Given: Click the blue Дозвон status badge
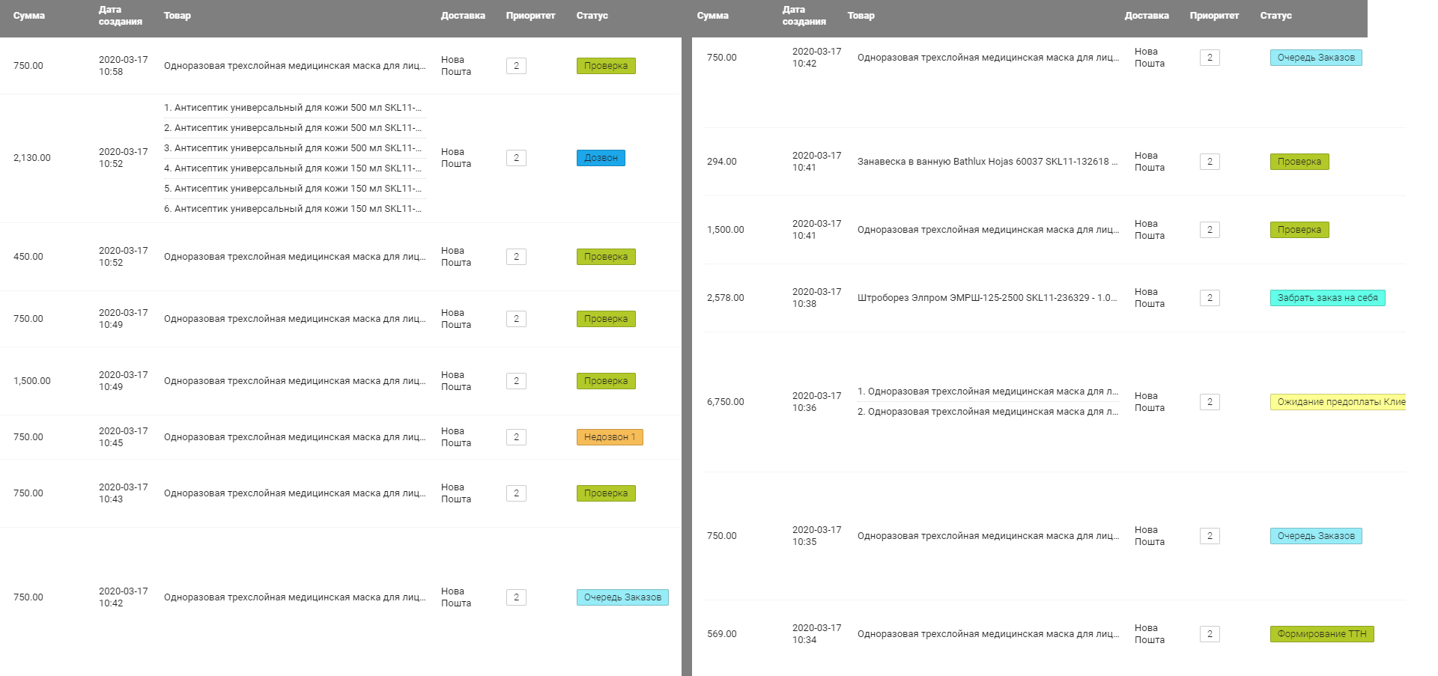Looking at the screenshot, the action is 601,158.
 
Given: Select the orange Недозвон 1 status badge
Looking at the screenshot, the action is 610,437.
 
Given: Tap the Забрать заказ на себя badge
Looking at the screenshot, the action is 1327,298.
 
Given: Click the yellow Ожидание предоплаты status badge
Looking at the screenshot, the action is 1338,402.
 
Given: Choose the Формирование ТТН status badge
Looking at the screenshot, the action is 1322,634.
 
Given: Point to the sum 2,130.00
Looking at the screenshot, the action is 32,158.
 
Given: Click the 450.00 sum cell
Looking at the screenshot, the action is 28,257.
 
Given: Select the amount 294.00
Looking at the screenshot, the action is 722,162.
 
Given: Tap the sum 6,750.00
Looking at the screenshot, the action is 726,402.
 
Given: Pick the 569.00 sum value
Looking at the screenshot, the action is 722,634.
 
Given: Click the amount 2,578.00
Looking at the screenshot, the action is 726,298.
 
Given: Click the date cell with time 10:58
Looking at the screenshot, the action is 124,66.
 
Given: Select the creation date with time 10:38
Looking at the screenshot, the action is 817,298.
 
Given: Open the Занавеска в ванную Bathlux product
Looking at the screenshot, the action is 987,162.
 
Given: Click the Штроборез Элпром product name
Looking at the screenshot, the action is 987,298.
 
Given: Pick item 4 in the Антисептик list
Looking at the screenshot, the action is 293,168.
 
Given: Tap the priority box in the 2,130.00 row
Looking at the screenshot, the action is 516,158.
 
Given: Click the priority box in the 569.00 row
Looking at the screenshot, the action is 1210,634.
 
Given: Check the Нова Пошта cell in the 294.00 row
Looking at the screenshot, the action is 1150,162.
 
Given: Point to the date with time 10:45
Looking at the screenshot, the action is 124,437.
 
